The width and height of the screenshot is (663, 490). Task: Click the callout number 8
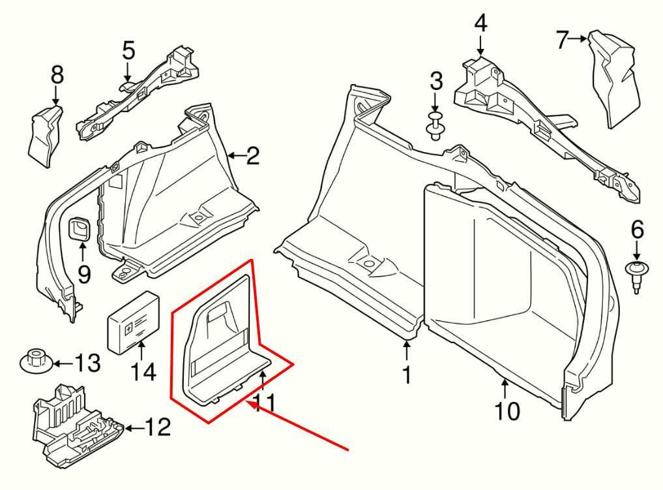[57, 76]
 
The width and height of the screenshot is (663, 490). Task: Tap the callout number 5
[128, 50]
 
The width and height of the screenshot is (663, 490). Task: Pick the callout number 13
[89, 363]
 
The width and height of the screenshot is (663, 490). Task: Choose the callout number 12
[157, 427]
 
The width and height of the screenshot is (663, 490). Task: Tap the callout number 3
[436, 82]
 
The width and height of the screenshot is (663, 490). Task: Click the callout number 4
[480, 24]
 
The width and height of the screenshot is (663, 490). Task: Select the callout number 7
[563, 40]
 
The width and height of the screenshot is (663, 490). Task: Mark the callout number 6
[637, 229]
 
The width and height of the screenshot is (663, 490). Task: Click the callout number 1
[407, 376]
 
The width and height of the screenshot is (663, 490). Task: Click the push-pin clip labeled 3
[435, 126]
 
